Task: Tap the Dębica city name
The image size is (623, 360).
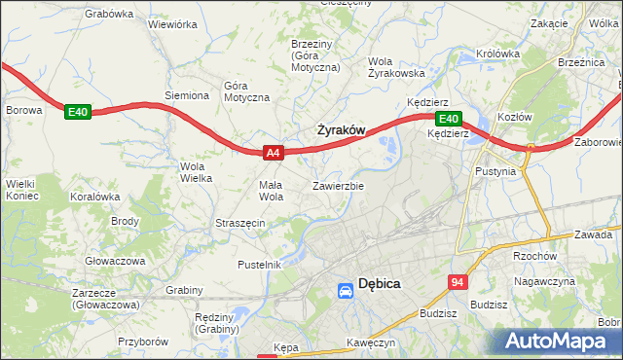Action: [x=380, y=284]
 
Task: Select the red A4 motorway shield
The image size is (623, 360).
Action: [x=274, y=153]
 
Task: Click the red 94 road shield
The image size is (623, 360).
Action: [x=458, y=281]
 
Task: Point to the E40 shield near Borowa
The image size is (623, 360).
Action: [x=78, y=113]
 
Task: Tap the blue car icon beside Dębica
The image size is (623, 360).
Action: [x=346, y=290]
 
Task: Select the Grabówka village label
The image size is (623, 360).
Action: [x=109, y=14]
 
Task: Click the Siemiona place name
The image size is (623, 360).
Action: [x=187, y=95]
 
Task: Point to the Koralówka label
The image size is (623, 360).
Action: [x=94, y=196]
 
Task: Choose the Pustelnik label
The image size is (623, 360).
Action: [x=259, y=264]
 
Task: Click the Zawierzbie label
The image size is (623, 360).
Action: [x=338, y=185]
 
